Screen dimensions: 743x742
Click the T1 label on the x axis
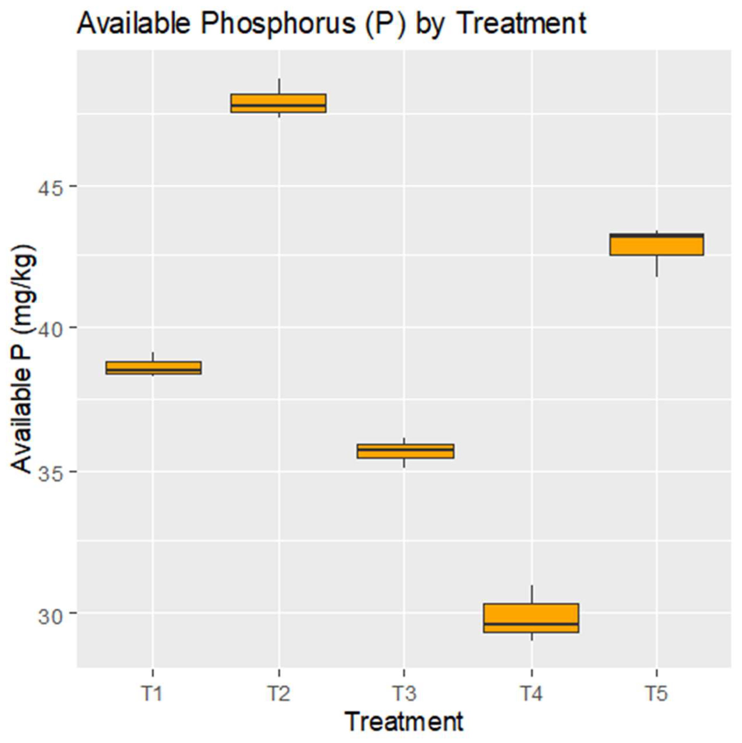pyautogui.click(x=153, y=693)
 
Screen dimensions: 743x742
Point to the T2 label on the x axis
pyautogui.click(x=278, y=693)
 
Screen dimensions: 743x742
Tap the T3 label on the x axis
pyautogui.click(x=404, y=693)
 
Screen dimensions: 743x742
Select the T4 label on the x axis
pyautogui.click(x=532, y=693)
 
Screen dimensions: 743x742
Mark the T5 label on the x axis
pyautogui.click(x=657, y=693)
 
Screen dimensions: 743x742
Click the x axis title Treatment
pyautogui.click(x=404, y=722)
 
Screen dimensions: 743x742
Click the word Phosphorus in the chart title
pyautogui.click(x=277, y=24)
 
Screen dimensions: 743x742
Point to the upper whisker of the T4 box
pyautogui.click(x=532, y=594)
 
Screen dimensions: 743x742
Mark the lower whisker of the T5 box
pyautogui.click(x=657, y=266)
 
